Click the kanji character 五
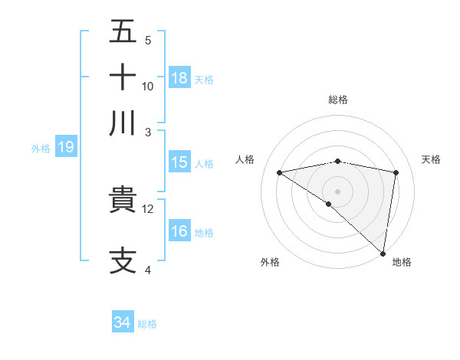123,33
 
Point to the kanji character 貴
123,201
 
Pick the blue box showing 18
179,78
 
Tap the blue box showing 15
179,162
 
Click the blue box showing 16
179,231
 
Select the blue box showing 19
66,148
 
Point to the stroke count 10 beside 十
148,86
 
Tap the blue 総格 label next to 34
147,324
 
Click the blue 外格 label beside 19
41,149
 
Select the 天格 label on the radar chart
432,159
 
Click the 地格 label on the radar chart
402,262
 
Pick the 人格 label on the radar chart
245,159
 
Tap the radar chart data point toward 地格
383,253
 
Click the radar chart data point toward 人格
279,172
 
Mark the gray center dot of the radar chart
337,191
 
